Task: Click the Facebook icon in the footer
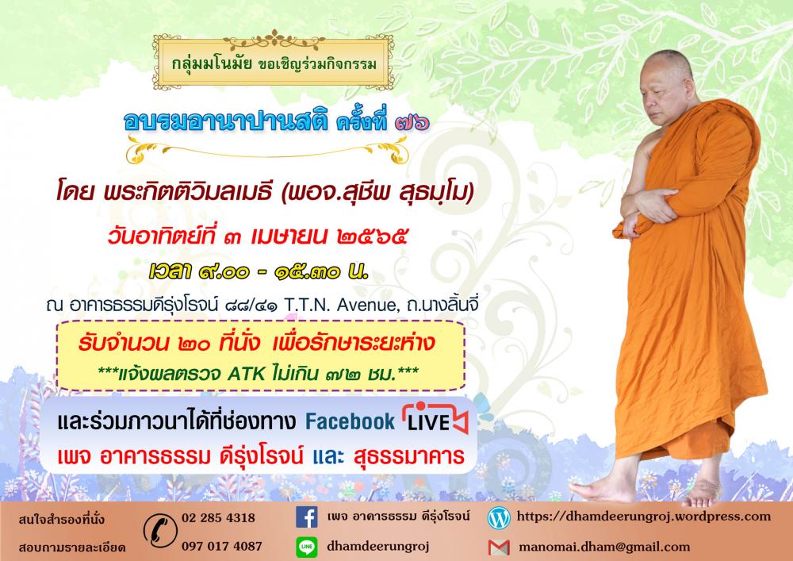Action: (306, 517)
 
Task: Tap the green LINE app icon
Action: (306, 547)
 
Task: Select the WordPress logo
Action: (499, 518)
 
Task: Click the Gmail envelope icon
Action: (499, 548)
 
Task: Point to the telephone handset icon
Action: (160, 531)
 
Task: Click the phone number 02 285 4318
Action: (219, 518)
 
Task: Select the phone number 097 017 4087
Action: (222, 547)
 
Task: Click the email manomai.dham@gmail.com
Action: (604, 547)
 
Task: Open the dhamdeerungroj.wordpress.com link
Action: (643, 517)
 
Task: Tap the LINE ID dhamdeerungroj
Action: (377, 547)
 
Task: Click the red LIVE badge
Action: (435, 418)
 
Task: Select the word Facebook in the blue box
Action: (350, 421)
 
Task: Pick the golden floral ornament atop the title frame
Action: (274, 40)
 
